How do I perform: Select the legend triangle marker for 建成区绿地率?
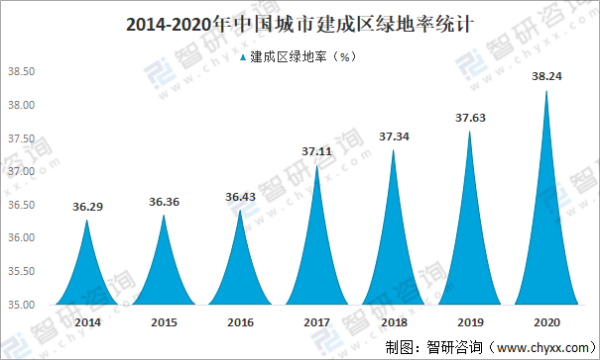pos(243,58)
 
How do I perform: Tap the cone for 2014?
pos(86,275)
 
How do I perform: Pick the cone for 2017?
pos(316,260)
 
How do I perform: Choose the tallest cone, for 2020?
pos(545,240)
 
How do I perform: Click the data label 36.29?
pos(86,207)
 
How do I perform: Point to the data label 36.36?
pos(163,202)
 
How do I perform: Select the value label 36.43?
pos(239,197)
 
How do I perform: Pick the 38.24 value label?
pos(545,77)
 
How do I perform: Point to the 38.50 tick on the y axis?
pos(21,72)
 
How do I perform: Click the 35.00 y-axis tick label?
pos(21,304)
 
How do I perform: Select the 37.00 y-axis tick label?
pos(21,171)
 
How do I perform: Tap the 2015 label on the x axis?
pos(163,323)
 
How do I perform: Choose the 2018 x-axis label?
pos(392,323)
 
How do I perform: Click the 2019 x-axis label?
pos(469,323)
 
